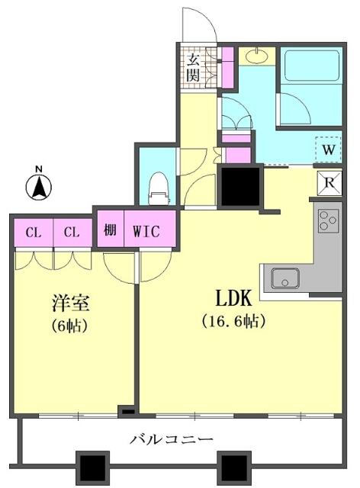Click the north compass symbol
click(39, 185)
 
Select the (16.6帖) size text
click(233, 321)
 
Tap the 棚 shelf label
click(111, 231)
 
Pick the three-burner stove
click(329, 221)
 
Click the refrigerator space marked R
click(329, 182)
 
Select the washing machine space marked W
click(328, 149)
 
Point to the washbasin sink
click(256, 56)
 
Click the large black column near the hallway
click(240, 187)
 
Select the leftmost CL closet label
click(33, 231)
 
